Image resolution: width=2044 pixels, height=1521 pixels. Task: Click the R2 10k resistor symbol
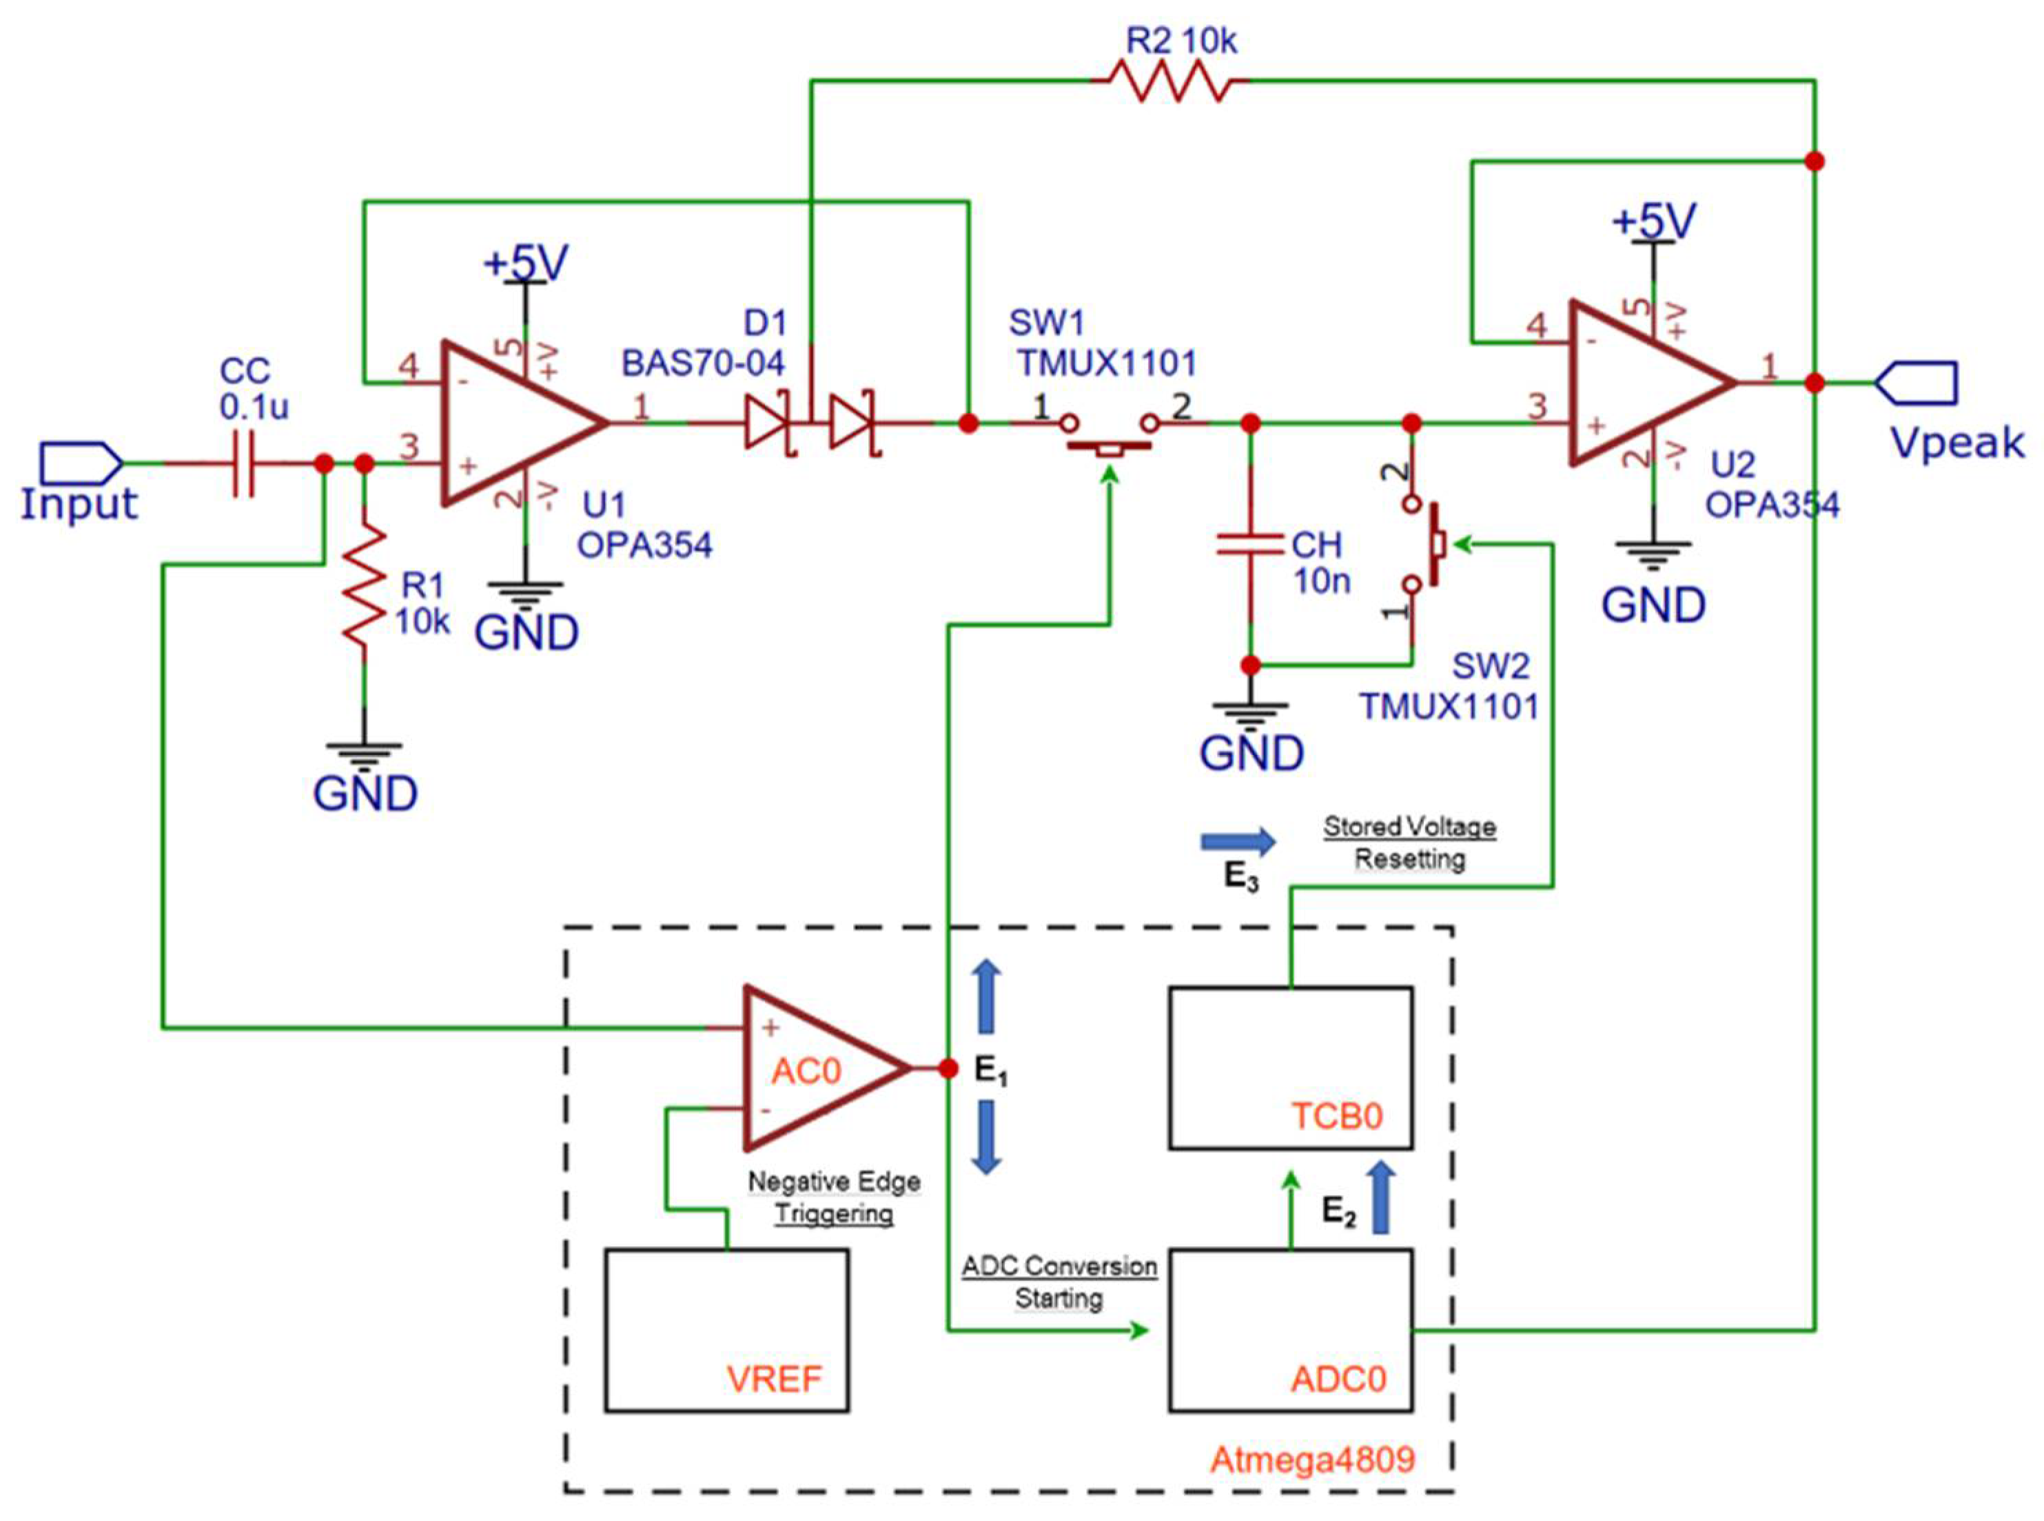point(1169,81)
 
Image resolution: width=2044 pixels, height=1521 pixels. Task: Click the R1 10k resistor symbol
point(365,585)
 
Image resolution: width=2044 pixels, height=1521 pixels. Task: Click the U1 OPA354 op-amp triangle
point(515,423)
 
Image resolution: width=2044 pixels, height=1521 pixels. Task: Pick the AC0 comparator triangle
point(815,1068)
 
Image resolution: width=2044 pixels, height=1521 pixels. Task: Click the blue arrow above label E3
point(1238,840)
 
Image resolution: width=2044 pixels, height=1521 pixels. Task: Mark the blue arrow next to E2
point(1381,1197)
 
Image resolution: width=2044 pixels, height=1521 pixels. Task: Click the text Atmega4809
point(1311,1460)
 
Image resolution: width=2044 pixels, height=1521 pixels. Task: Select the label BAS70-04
point(703,363)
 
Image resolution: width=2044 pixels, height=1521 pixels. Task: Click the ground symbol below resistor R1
point(365,755)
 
